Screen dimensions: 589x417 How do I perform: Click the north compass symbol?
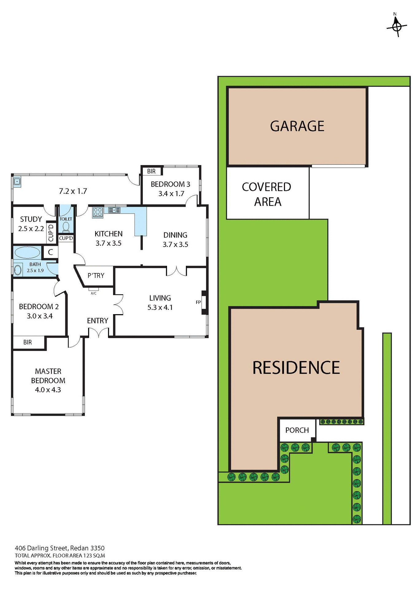pos(397,27)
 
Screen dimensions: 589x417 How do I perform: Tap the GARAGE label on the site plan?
pos(297,126)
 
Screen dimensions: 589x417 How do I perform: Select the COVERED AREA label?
pos(267,194)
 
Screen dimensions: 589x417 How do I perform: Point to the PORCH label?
pos(297,430)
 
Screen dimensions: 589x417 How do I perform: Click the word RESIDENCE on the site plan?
pos(296,368)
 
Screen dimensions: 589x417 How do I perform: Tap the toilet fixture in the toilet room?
pos(66,227)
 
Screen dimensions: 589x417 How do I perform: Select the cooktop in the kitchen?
pos(98,212)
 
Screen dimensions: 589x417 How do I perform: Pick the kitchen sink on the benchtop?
pos(114,210)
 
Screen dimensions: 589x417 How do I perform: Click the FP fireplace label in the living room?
pos(198,302)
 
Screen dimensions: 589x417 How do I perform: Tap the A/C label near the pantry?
pos(94,293)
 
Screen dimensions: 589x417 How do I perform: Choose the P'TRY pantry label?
pos(96,275)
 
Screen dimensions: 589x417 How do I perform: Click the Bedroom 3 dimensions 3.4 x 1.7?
pos(171,194)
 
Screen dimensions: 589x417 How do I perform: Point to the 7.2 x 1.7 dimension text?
pos(73,191)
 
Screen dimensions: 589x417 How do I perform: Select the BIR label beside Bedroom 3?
pos(151,171)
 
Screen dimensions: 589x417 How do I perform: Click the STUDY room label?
pos(31,219)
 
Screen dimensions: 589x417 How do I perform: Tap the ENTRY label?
pos(97,321)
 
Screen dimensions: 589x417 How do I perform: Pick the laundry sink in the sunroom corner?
pos(17,182)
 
